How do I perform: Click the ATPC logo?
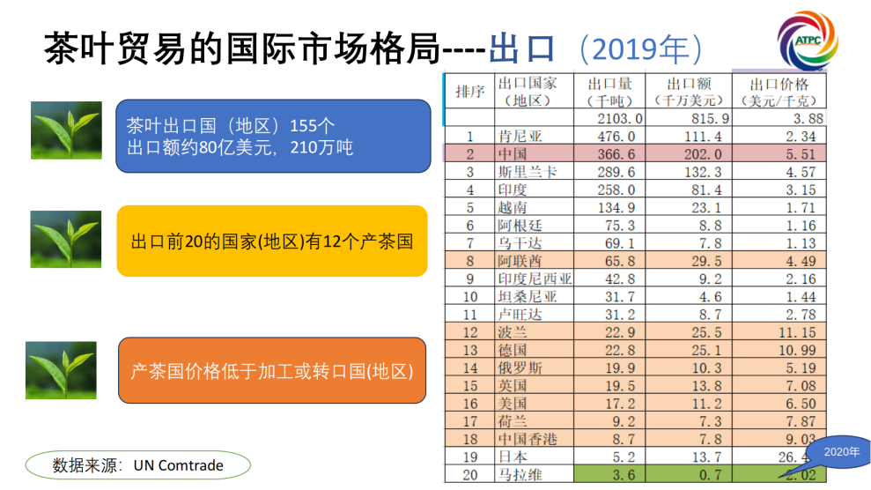(x=808, y=41)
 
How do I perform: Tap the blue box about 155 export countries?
(x=273, y=136)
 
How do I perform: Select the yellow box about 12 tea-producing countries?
(x=272, y=241)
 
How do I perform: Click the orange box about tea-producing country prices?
(x=272, y=371)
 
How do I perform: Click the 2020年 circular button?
(x=840, y=451)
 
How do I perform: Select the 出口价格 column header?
(x=779, y=92)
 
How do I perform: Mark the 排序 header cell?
(x=469, y=92)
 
